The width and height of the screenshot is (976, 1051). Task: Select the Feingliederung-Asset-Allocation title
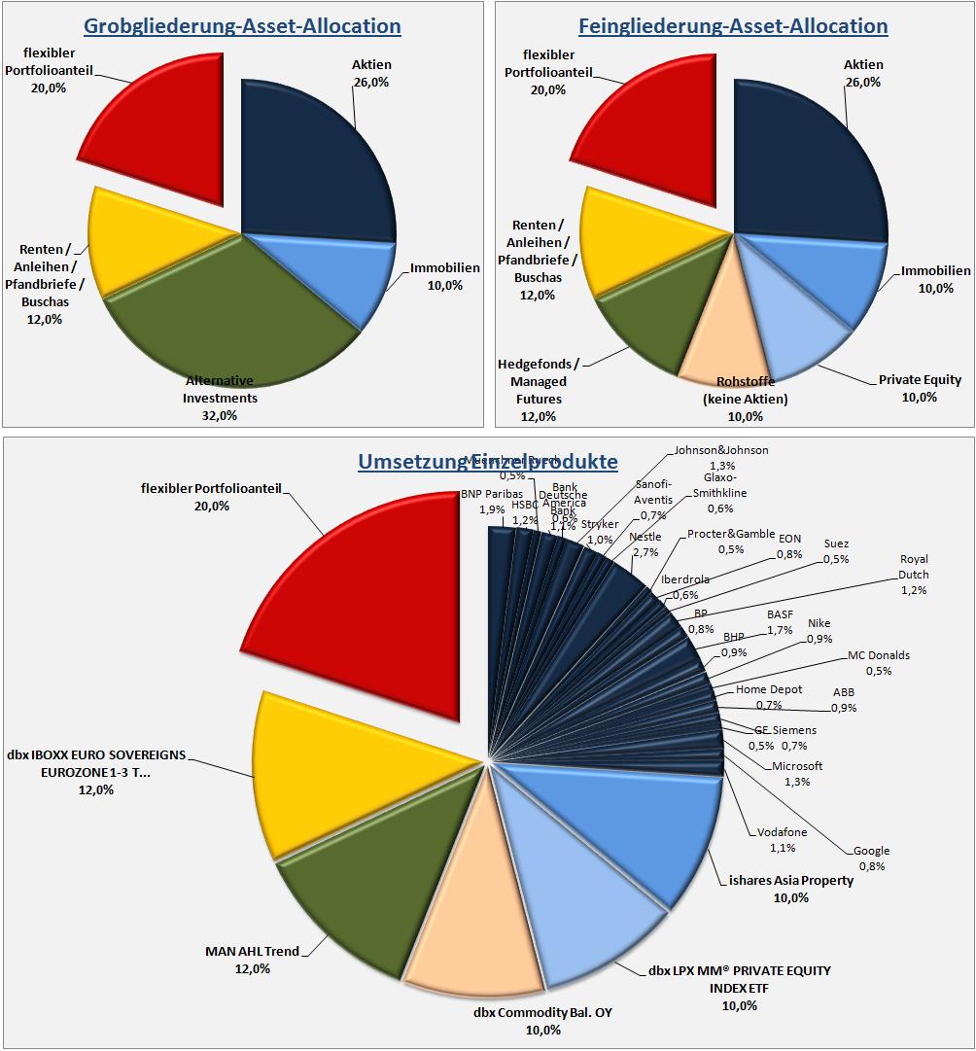click(732, 25)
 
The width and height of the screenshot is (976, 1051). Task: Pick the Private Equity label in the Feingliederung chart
click(919, 387)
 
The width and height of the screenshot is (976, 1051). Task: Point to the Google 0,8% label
click(871, 858)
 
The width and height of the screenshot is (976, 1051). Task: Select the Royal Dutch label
click(914, 574)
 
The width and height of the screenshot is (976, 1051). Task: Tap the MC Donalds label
click(879, 662)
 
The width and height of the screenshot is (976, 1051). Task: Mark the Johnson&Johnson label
click(721, 457)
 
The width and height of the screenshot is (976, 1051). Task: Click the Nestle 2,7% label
click(645, 543)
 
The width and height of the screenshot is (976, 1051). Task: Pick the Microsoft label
click(797, 773)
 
